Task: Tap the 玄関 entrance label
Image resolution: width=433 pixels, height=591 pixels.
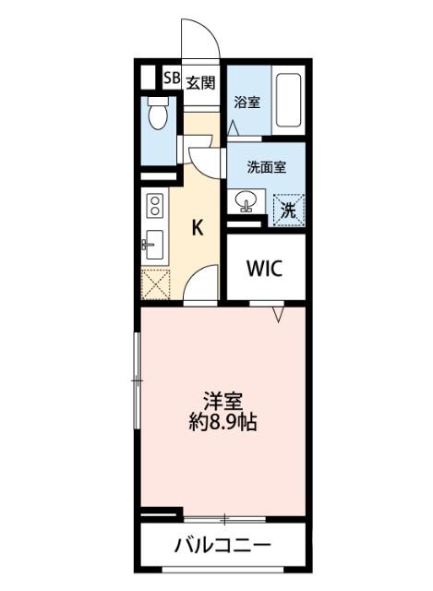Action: tap(200, 81)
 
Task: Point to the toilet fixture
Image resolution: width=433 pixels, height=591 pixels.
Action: tap(157, 115)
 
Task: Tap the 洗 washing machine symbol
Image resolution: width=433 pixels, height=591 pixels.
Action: tap(289, 209)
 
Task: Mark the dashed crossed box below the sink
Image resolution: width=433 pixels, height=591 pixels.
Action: tap(154, 283)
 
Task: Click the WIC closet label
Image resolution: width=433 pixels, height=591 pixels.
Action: tap(265, 269)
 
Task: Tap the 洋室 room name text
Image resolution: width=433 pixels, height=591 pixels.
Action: tap(223, 402)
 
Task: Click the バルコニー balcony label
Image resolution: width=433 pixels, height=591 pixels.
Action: tap(223, 545)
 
